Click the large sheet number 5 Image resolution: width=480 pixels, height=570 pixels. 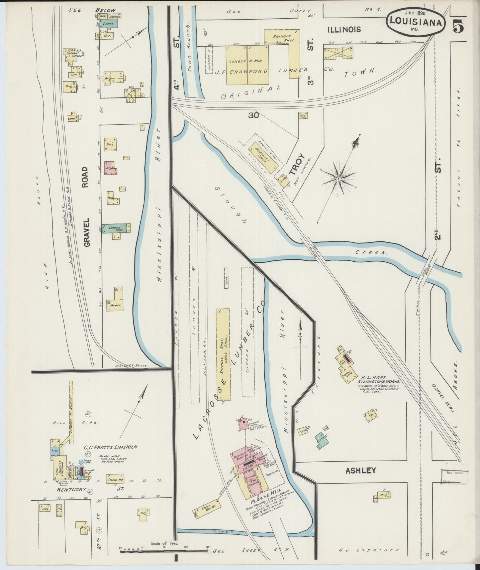pyautogui.click(x=458, y=26)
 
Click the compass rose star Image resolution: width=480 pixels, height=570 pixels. pyautogui.click(x=339, y=179)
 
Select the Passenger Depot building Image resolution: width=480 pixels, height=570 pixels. pyautogui.click(x=259, y=153)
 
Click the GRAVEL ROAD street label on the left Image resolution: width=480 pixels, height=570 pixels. pyautogui.click(x=86, y=207)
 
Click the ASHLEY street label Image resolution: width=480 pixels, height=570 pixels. pyautogui.click(x=361, y=470)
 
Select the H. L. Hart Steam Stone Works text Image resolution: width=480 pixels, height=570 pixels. pyautogui.click(x=378, y=380)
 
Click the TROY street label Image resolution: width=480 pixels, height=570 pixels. pyautogui.click(x=297, y=164)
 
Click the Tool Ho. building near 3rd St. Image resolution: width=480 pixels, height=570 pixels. pyautogui.click(x=303, y=115)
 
